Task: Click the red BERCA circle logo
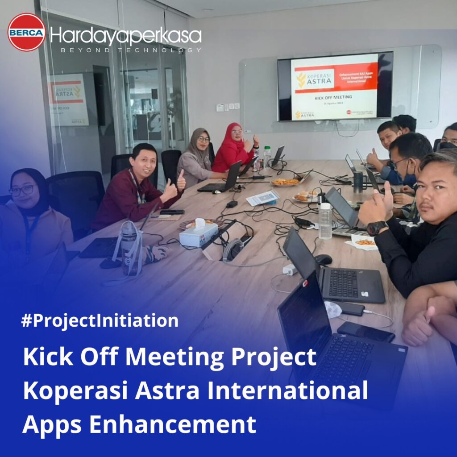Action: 26,32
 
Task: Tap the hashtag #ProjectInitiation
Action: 100,320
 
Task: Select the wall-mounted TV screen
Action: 335,87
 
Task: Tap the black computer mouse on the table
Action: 323,259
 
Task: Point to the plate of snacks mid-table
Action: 285,182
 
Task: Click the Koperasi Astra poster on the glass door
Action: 68,99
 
